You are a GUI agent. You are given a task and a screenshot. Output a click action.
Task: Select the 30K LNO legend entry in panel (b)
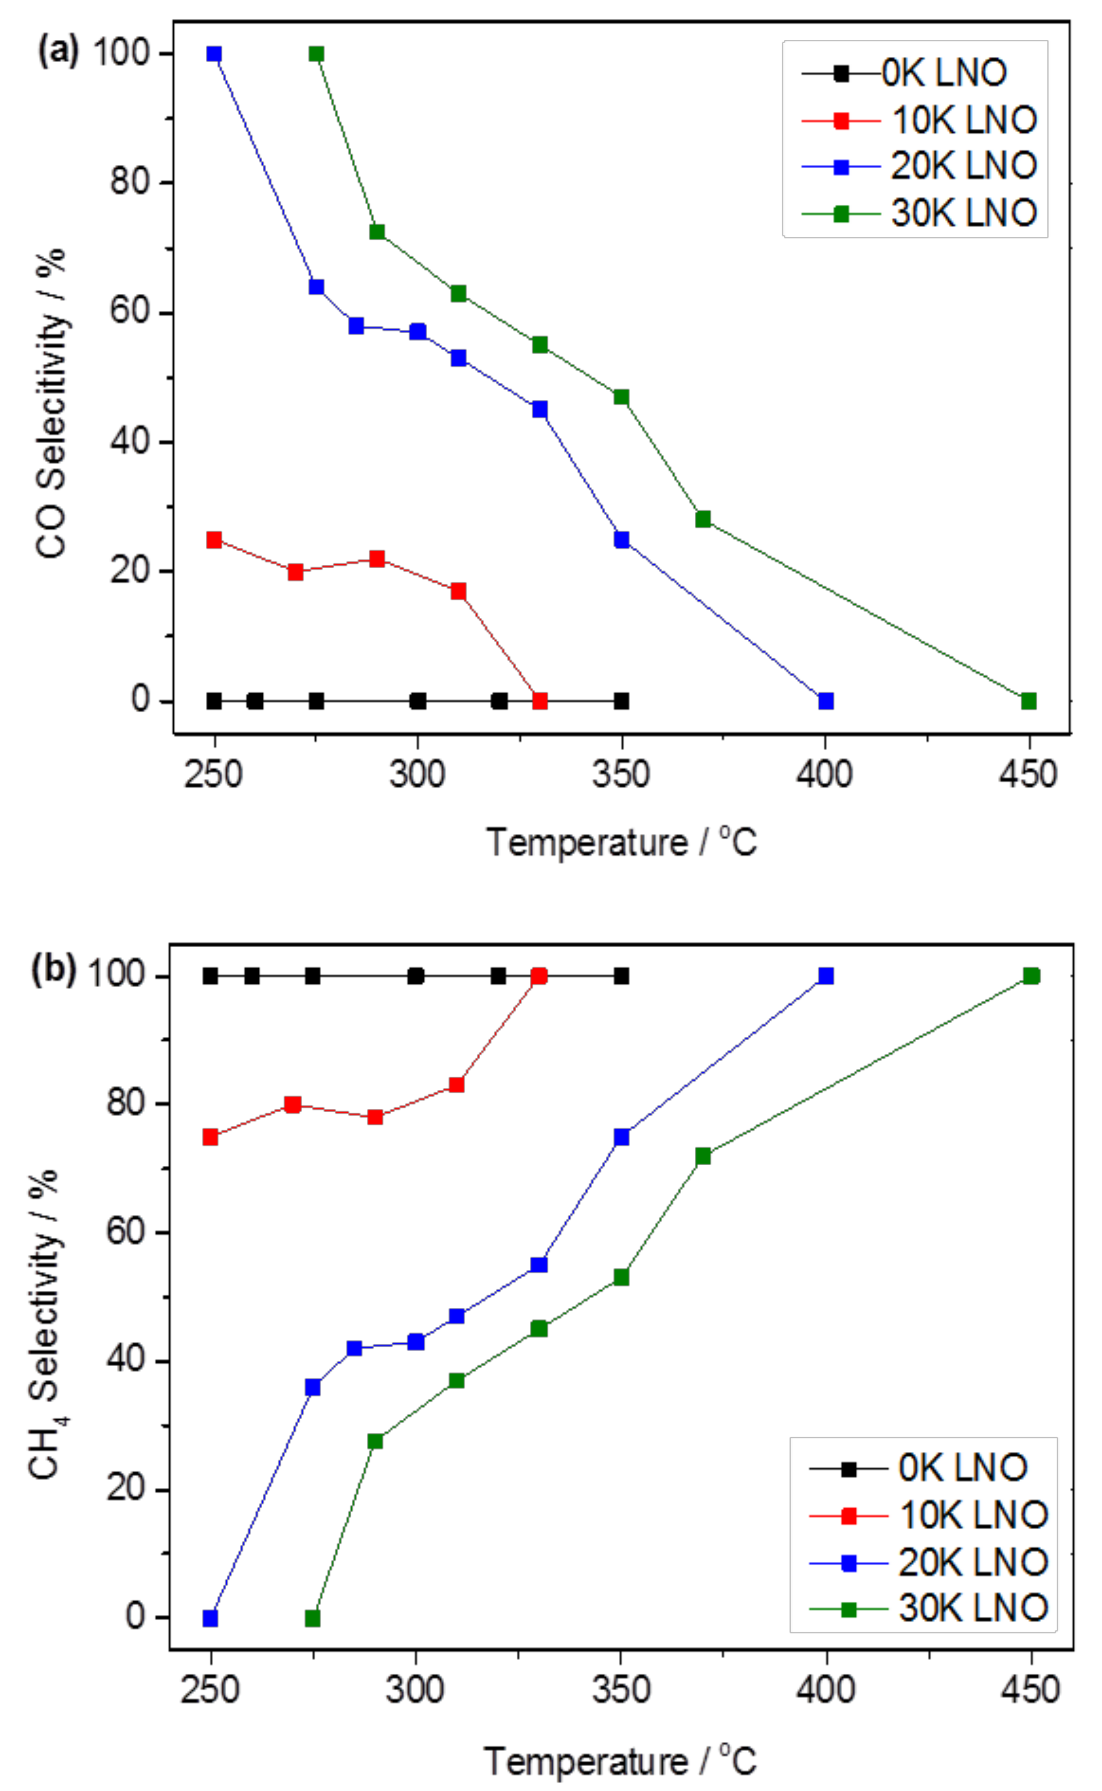[x=930, y=1608]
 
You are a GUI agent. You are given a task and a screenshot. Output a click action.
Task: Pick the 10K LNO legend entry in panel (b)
[x=930, y=1515]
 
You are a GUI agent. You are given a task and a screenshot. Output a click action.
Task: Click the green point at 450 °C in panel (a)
[x=1028, y=701]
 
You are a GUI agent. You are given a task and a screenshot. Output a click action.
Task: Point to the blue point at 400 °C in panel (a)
[x=825, y=701]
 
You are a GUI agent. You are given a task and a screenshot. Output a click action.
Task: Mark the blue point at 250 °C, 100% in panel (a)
[x=214, y=54]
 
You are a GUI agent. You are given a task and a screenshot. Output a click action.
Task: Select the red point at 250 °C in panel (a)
[x=214, y=540]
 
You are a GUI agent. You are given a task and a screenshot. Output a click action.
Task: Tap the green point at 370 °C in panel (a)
[x=703, y=520]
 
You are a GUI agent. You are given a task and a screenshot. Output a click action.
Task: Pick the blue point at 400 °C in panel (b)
[x=825, y=975]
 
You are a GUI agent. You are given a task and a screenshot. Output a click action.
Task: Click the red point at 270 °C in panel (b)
[x=292, y=1104]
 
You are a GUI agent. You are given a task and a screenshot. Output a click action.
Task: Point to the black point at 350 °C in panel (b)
[x=621, y=976]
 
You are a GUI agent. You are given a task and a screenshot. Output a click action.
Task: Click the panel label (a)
[x=58, y=52]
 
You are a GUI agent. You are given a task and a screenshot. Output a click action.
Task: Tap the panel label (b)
[x=53, y=970]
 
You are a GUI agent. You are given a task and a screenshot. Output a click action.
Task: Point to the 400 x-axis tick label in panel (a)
[x=824, y=774]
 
